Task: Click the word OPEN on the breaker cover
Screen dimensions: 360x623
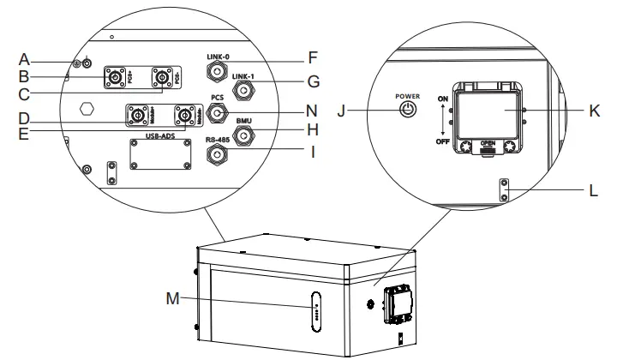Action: coord(489,143)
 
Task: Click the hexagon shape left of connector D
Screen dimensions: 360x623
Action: coord(85,111)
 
